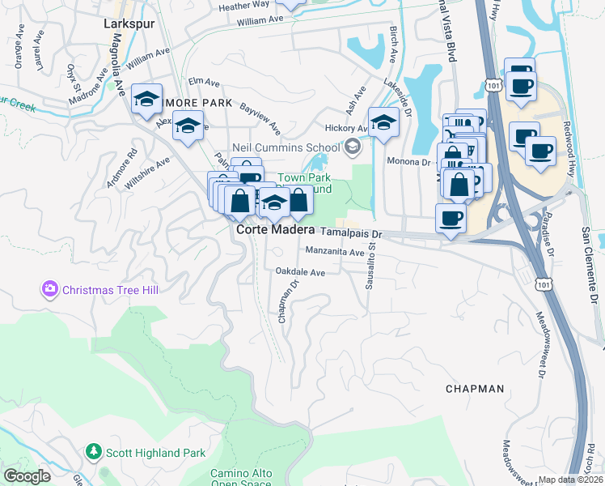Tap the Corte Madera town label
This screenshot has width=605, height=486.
pos(275,230)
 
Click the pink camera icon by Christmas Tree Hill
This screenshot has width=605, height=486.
pos(50,288)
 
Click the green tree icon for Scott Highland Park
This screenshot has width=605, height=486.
pos(95,451)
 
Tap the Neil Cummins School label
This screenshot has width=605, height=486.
pos(286,147)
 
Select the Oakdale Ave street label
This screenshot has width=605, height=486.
pos(300,273)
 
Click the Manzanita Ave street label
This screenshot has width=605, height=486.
pos(335,252)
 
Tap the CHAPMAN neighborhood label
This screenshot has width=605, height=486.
pos(475,389)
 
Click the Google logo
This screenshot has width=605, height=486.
pos(27,476)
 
